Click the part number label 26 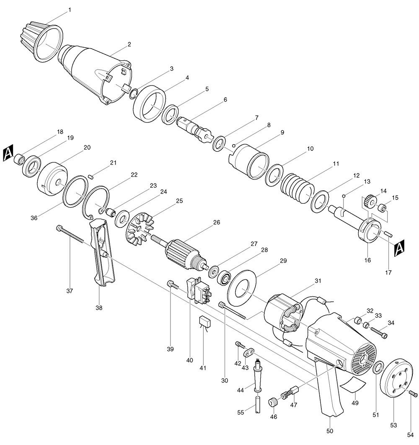[x=216, y=222]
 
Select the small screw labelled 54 [x=414, y=393]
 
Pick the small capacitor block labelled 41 [x=205, y=321]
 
